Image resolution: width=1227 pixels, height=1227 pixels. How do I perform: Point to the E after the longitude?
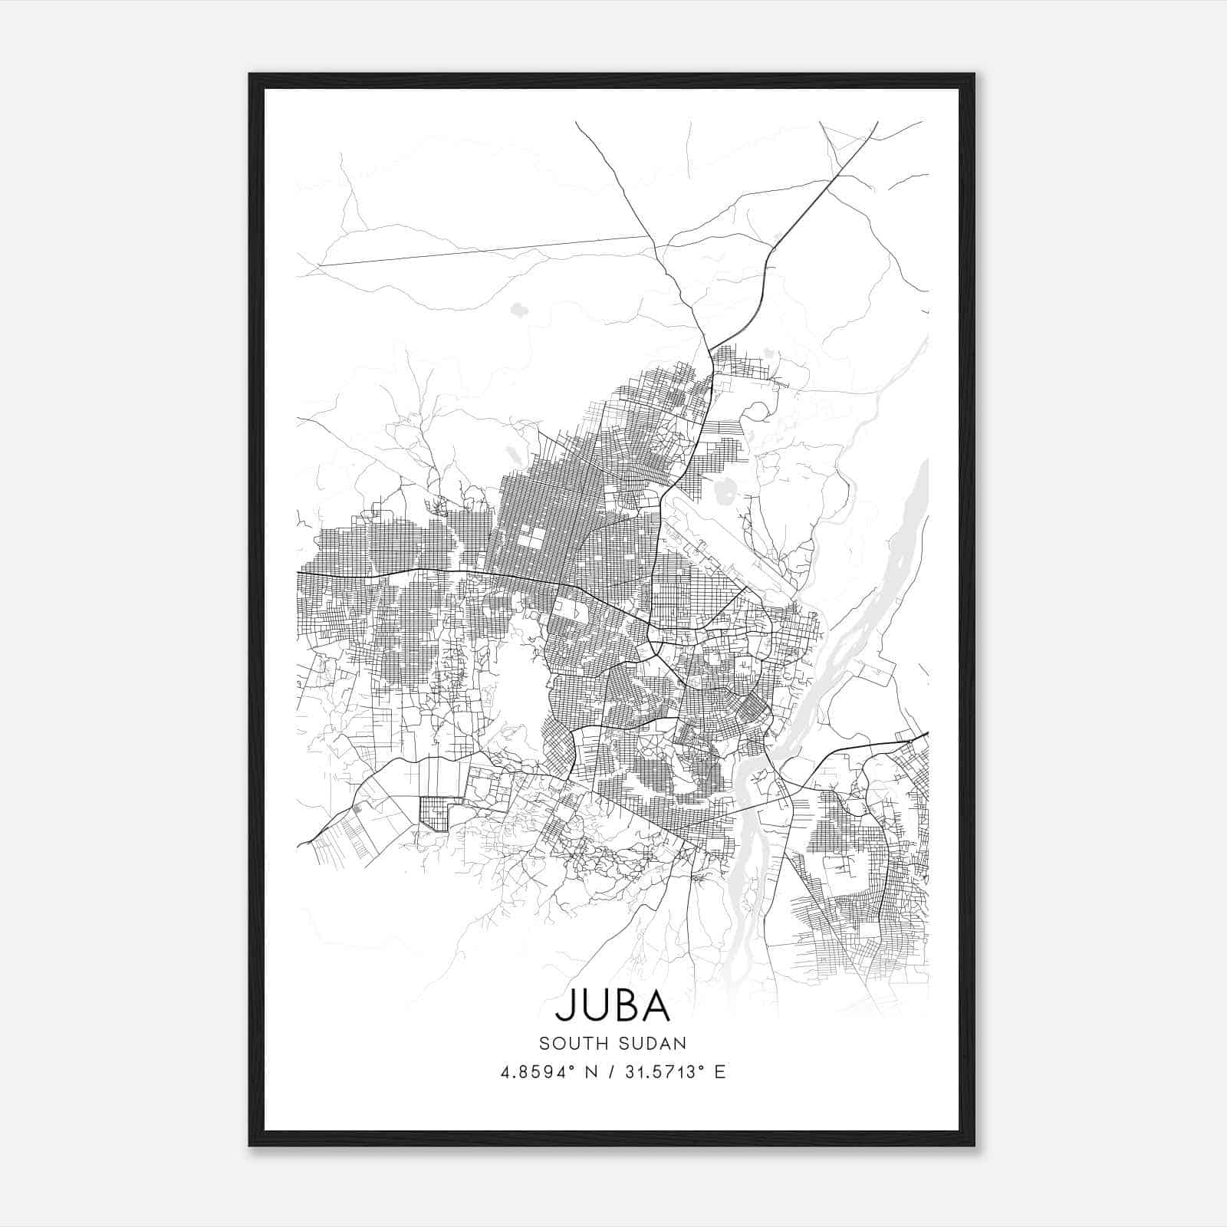[x=719, y=1072]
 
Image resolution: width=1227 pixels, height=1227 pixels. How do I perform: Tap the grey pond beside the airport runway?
[x=723, y=488]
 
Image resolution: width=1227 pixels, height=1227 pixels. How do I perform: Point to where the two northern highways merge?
[x=710, y=350]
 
